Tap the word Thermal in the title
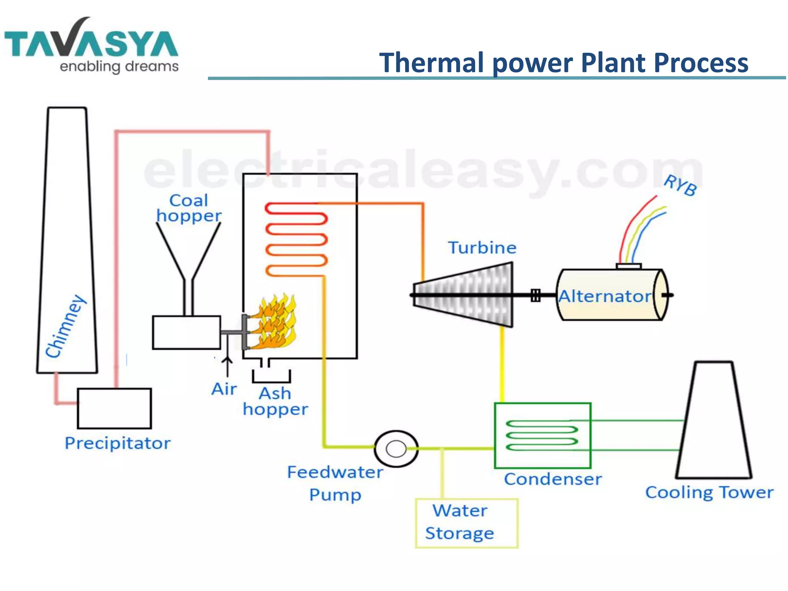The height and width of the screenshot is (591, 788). (431, 63)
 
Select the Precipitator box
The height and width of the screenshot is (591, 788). (114, 408)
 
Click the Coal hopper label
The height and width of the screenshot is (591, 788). (189, 208)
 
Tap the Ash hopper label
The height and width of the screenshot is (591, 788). (275, 401)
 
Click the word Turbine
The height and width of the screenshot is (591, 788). (482, 248)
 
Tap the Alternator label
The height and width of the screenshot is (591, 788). (604, 296)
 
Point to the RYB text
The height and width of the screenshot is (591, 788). (680, 185)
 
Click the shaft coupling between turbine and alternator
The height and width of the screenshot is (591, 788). (535, 295)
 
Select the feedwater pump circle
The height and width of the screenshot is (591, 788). (396, 449)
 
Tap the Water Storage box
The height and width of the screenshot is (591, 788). (466, 523)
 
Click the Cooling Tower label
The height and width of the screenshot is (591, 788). (709, 492)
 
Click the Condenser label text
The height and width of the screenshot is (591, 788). (553, 479)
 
